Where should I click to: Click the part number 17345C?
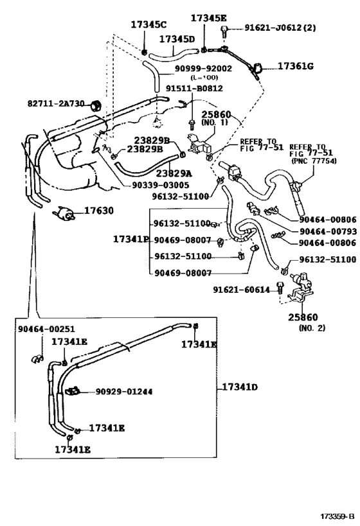(148, 24)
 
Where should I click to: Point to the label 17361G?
(296, 66)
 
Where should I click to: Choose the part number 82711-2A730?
(56, 103)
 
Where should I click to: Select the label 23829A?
(174, 173)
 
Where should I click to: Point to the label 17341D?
(240, 387)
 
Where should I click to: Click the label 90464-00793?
(327, 231)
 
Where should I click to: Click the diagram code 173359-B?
(338, 516)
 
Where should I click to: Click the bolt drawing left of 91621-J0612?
(222, 30)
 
